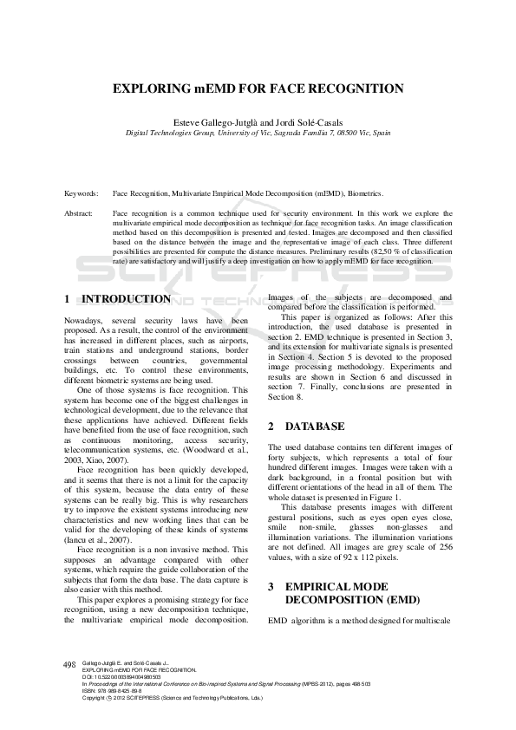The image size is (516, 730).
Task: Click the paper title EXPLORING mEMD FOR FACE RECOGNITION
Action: pos(258,88)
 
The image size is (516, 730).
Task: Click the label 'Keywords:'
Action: pos(81,194)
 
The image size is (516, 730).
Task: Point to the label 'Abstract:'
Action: pos(79,212)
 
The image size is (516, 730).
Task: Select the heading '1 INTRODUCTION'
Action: pos(118,299)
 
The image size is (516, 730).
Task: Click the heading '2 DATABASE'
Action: pos(303,427)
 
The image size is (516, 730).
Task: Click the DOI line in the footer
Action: pos(121,676)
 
